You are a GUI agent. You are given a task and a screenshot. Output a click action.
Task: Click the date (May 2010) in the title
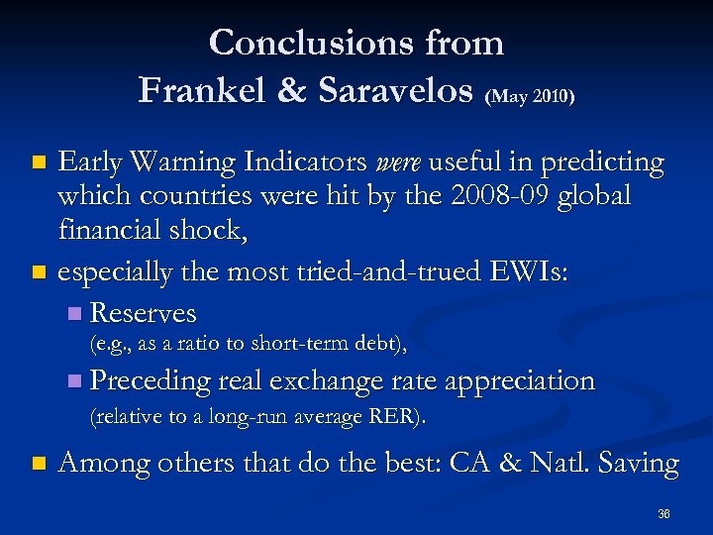(532, 96)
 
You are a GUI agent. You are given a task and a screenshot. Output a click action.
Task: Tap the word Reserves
(143, 314)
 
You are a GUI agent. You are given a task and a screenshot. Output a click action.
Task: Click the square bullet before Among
(39, 464)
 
